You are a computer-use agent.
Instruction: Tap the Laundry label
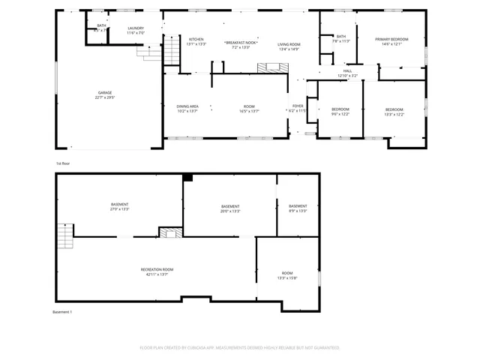click(135, 30)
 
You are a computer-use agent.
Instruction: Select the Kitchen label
click(196, 40)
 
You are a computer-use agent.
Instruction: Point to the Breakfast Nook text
click(241, 43)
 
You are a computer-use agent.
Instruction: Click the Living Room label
click(289, 46)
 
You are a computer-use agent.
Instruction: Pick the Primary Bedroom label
click(391, 40)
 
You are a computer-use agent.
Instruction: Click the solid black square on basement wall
click(188, 178)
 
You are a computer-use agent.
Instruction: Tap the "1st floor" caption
click(64, 163)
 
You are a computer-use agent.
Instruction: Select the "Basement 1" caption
click(63, 311)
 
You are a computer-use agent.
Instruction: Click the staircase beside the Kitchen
click(154, 50)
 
